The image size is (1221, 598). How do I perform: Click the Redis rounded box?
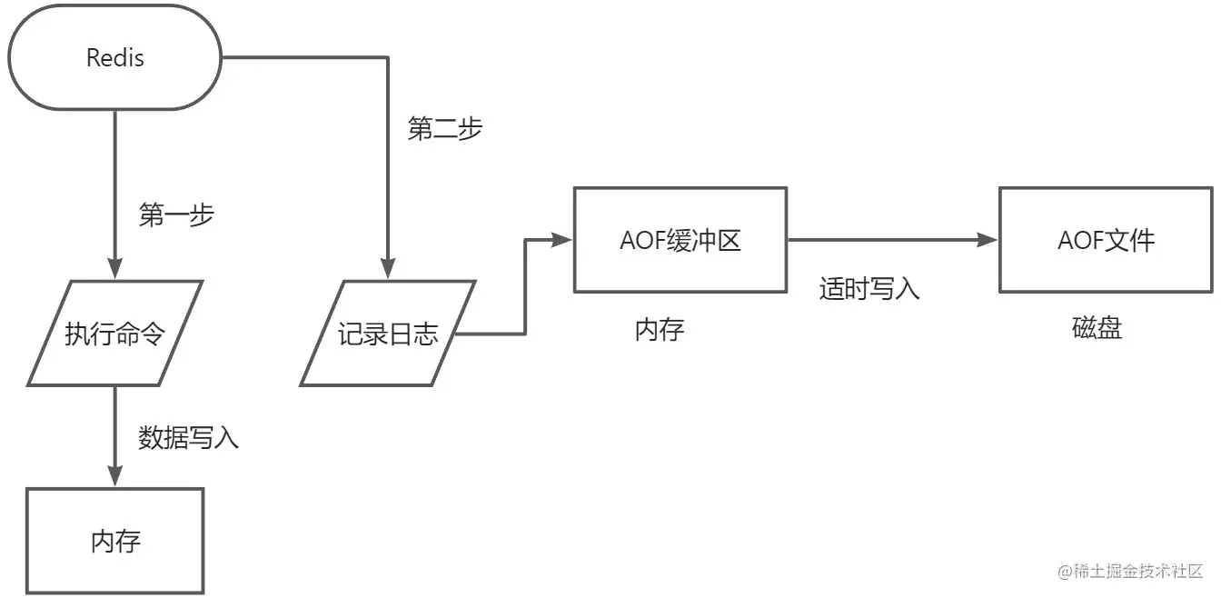click(115, 58)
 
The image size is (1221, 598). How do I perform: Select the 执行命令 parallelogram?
click(115, 333)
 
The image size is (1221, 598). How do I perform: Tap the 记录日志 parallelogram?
click(388, 333)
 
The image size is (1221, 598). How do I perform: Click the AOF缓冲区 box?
click(680, 240)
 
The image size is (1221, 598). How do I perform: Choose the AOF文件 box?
click(1106, 240)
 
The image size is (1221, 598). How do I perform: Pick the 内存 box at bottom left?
click(115, 541)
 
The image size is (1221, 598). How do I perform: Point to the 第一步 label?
click(176, 215)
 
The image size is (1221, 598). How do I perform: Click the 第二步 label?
click(445, 129)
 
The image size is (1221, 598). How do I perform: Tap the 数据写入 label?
click(189, 438)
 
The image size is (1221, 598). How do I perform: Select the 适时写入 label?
click(869, 289)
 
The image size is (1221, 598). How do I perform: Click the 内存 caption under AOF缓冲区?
click(660, 330)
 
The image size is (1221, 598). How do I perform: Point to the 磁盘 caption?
click(1097, 328)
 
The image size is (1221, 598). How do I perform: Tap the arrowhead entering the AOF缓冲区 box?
click(563, 240)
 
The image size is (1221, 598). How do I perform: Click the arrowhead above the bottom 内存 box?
click(115, 476)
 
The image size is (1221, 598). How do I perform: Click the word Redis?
click(115, 58)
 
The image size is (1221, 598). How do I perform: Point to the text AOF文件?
click(1106, 240)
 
